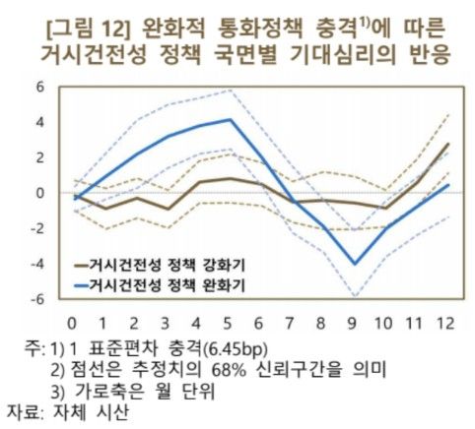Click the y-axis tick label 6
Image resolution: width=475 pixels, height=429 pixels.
40,88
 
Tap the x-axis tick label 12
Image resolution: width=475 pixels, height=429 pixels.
446,322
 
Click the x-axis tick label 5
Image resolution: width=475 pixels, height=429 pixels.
229,322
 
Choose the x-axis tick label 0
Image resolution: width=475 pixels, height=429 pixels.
71,322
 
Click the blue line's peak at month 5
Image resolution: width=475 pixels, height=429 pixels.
229,120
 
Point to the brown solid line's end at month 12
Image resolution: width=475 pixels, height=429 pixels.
448,144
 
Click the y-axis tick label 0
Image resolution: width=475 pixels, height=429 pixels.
40,193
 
